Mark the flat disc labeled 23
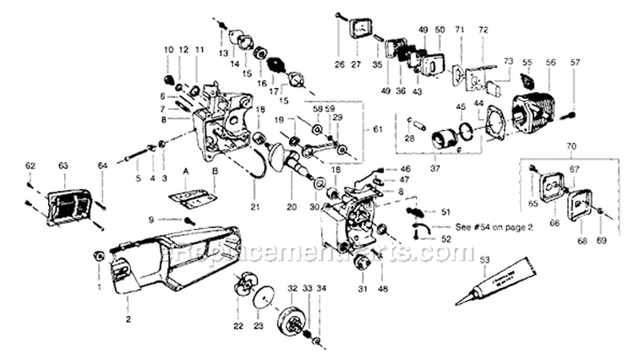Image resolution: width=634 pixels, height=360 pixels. click(x=263, y=303)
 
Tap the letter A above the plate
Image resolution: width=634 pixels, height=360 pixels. click(x=183, y=170)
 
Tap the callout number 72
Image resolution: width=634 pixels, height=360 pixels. click(x=483, y=30)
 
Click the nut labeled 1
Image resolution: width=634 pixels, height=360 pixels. click(x=98, y=255)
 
